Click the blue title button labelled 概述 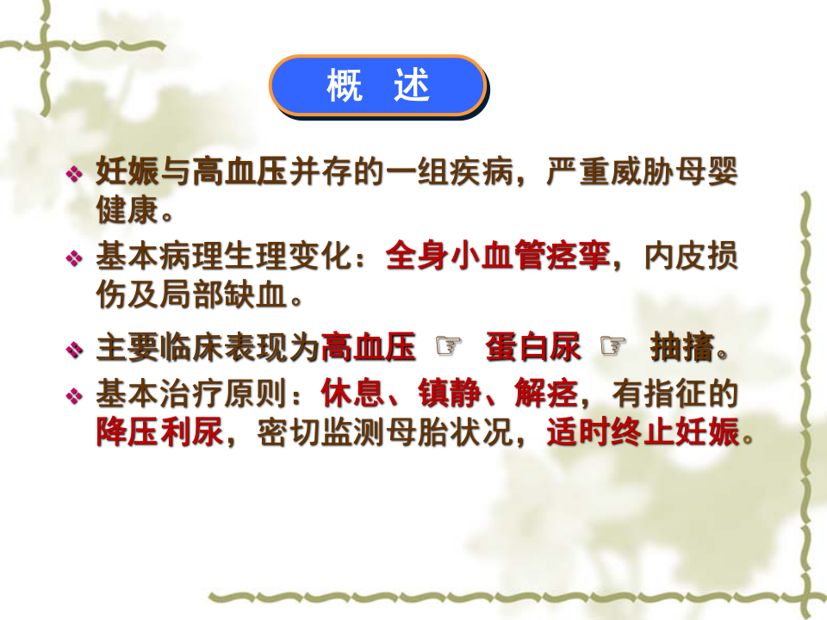(377, 85)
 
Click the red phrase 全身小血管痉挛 (498, 256)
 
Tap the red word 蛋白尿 (532, 349)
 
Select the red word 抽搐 (682, 349)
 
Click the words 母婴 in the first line (707, 170)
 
